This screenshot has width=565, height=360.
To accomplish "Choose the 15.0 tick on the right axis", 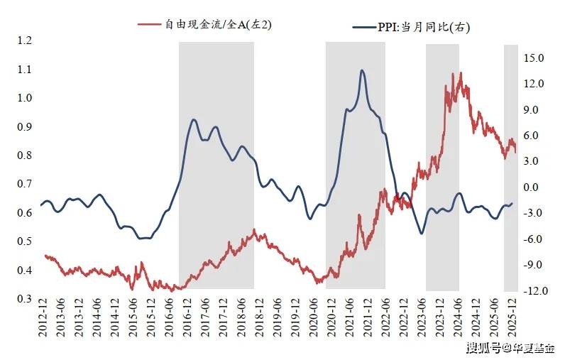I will click(534, 58).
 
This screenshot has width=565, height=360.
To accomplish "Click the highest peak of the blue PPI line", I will click(362, 70).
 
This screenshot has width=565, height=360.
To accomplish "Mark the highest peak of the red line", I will click(461, 73).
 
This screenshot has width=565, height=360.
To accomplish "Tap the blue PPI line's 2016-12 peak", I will click(194, 119).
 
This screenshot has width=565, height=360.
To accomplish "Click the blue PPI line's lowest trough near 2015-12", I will click(144, 238).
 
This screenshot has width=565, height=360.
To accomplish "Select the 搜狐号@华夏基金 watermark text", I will click(510, 348).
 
